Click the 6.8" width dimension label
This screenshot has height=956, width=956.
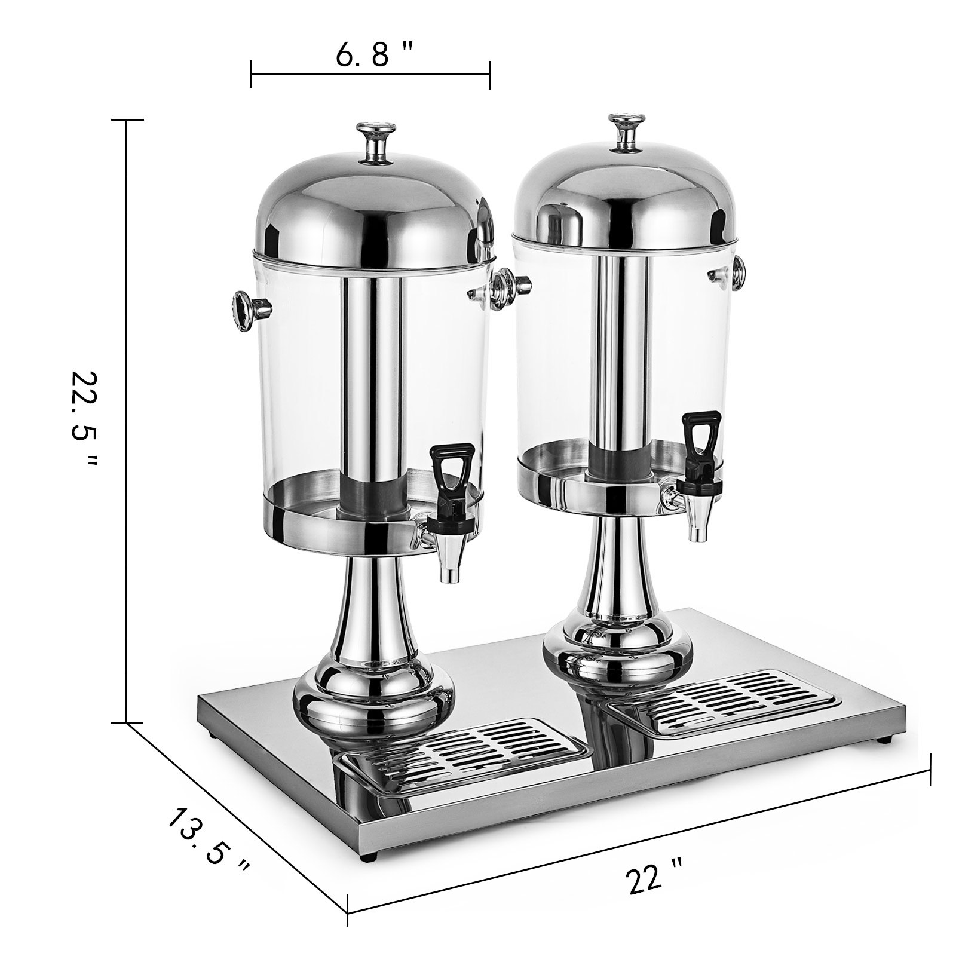[x=373, y=56]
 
